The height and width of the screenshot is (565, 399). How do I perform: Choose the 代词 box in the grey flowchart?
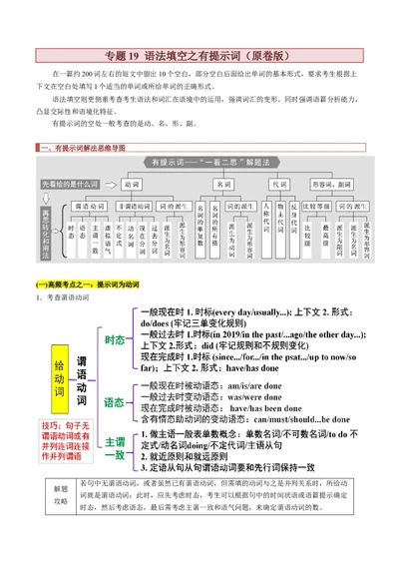(x=282, y=185)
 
